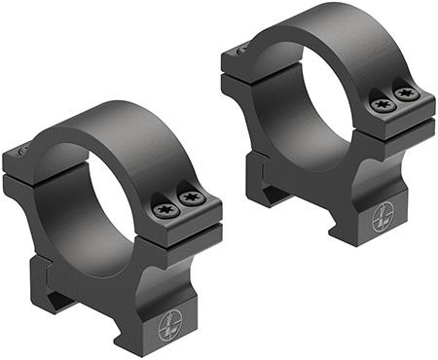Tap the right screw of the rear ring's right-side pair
[x=407, y=94]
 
